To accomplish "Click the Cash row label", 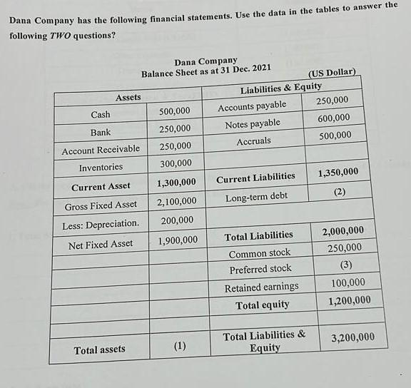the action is click(100, 114).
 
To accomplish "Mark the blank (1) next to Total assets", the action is click(179, 347).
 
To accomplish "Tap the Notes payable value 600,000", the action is click(333, 118).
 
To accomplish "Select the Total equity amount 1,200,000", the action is click(350, 301).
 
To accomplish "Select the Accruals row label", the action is click(253, 141).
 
